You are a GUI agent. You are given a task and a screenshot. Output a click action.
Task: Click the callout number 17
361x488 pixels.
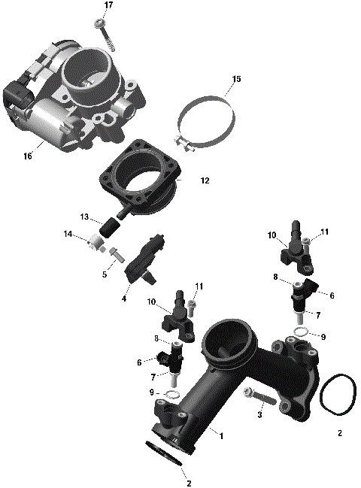[x=108, y=5]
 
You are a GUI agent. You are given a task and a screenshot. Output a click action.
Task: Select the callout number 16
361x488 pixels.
[x=29, y=157]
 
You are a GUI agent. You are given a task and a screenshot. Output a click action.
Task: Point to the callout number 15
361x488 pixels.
[x=236, y=79]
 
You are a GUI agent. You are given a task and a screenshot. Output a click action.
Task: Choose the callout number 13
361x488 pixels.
[x=85, y=217]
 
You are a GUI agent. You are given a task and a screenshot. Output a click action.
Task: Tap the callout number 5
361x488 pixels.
[x=105, y=274]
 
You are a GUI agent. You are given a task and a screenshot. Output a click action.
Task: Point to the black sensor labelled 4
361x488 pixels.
[x=143, y=259]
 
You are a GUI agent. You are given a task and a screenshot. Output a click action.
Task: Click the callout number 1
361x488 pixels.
[x=220, y=435]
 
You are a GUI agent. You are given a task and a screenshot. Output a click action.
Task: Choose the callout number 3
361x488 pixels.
[x=259, y=414]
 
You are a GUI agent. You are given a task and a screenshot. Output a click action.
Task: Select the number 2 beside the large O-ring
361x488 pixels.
[x=340, y=434]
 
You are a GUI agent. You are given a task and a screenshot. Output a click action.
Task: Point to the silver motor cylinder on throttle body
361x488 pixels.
[x=47, y=120]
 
